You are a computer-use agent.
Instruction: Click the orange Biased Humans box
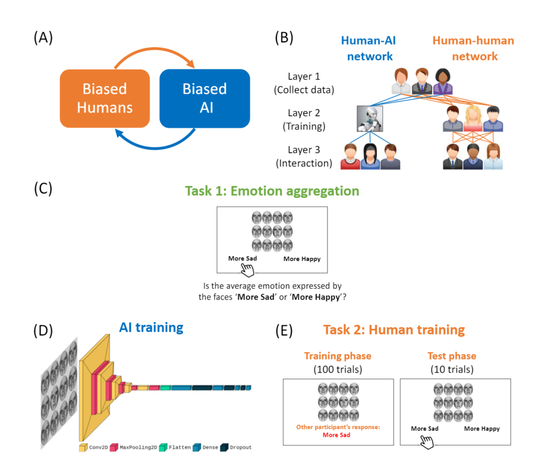(x=105, y=98)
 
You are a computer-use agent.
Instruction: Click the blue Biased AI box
(x=205, y=98)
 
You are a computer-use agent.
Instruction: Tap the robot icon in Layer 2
(x=370, y=119)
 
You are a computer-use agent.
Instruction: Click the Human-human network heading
(x=473, y=48)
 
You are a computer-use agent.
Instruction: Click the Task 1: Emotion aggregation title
(x=272, y=191)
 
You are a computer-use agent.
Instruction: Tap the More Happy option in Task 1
(x=302, y=259)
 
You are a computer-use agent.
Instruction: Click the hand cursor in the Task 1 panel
(x=248, y=269)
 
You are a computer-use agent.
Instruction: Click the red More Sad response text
(x=337, y=435)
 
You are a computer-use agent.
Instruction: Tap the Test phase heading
(x=451, y=356)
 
